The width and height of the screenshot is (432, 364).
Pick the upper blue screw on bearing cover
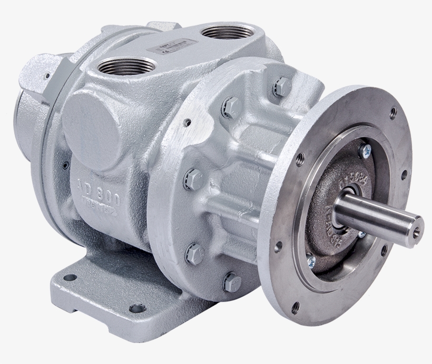point(364,151)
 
